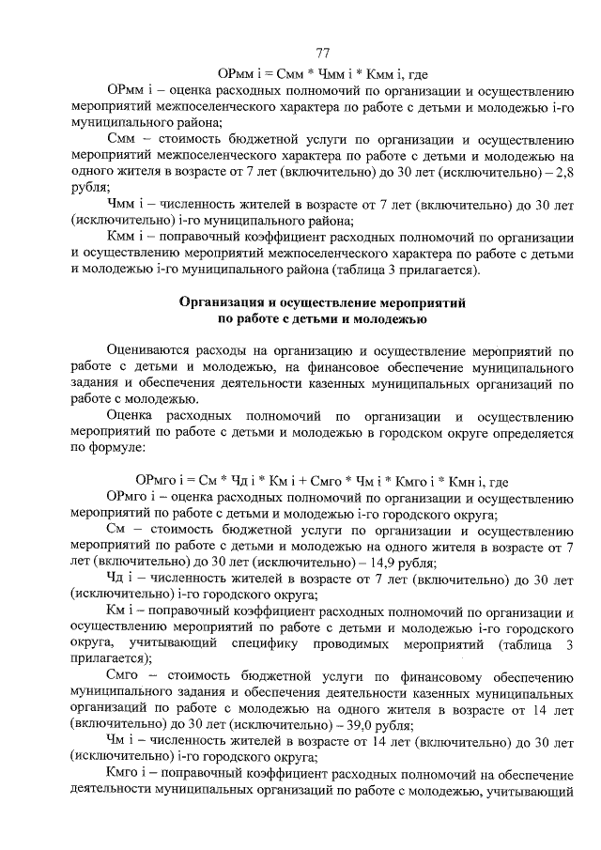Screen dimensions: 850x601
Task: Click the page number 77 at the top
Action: (322, 53)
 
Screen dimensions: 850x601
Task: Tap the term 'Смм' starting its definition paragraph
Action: (125, 139)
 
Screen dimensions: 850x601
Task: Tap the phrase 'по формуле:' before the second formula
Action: (109, 447)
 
